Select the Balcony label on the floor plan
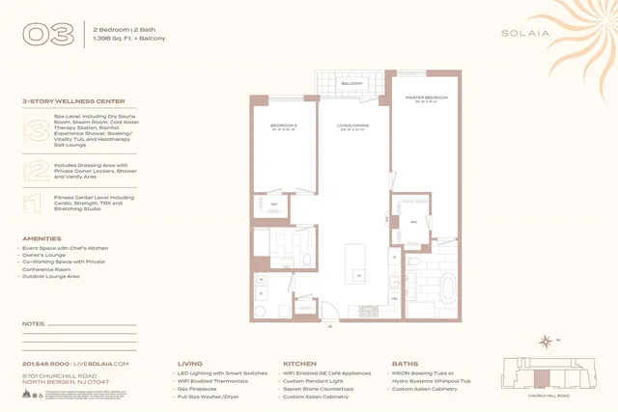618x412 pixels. tap(351, 84)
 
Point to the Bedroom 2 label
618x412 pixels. tap(283, 125)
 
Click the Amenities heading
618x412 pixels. tap(41, 238)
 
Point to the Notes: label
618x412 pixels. tap(34, 324)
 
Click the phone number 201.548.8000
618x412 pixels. tap(42, 363)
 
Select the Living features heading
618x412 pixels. tap(190, 364)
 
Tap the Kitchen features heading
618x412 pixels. tap(299, 364)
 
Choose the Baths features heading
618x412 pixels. tap(405, 364)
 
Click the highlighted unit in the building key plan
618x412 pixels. tap(542, 378)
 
